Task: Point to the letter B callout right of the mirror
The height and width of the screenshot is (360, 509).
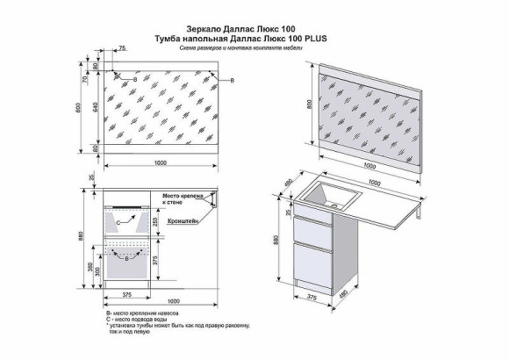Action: coord(232,80)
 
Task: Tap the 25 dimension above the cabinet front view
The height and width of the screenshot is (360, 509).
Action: coord(91,178)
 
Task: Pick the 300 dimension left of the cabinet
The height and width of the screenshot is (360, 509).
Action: coord(96,273)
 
